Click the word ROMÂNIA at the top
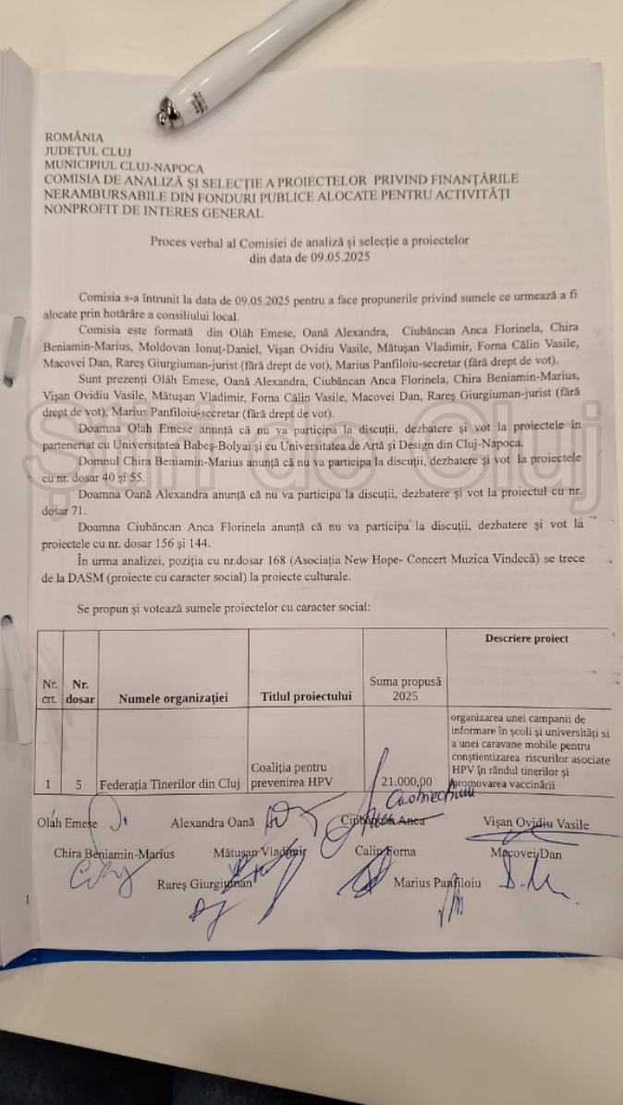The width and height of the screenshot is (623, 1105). click(73, 137)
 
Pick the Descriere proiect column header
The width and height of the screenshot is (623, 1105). click(526, 638)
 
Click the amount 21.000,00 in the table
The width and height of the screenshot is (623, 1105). click(407, 782)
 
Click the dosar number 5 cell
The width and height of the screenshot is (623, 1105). click(79, 784)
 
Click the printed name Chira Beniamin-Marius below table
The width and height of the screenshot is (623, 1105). click(114, 853)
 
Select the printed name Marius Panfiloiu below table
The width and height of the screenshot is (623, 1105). click(437, 882)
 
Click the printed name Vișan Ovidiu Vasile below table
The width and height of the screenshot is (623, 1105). click(535, 824)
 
